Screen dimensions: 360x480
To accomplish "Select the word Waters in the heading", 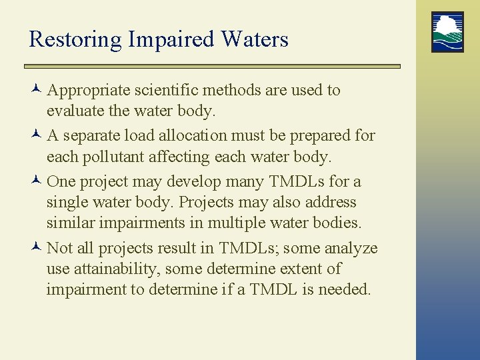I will coord(255,39).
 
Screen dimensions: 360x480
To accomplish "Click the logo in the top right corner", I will coord(447,32).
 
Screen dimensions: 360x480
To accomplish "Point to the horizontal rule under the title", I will coord(212,67).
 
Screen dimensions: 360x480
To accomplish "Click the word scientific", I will coord(171,90).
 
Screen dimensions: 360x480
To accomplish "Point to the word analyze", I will coord(351,249).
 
